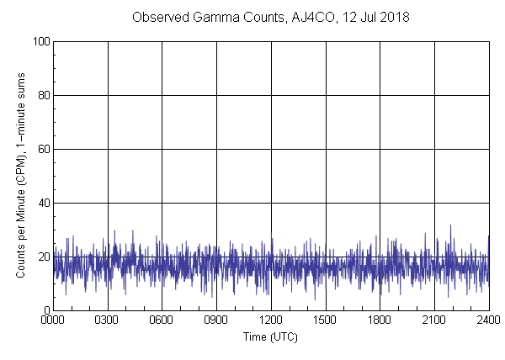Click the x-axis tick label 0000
pos(53,320)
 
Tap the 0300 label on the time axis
pos(108,320)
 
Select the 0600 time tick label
pos(162,320)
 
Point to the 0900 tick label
pos(216,320)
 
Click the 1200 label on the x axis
pos(271,320)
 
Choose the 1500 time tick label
pos(326,320)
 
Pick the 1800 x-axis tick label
pos(380,320)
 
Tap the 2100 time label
pos(434,320)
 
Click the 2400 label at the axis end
pos(488,320)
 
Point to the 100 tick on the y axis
pos(39,41)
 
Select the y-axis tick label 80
pos(41,95)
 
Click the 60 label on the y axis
pos(41,149)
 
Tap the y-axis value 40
pos(41,203)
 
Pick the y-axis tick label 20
pos(41,257)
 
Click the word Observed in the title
pos(158,17)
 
